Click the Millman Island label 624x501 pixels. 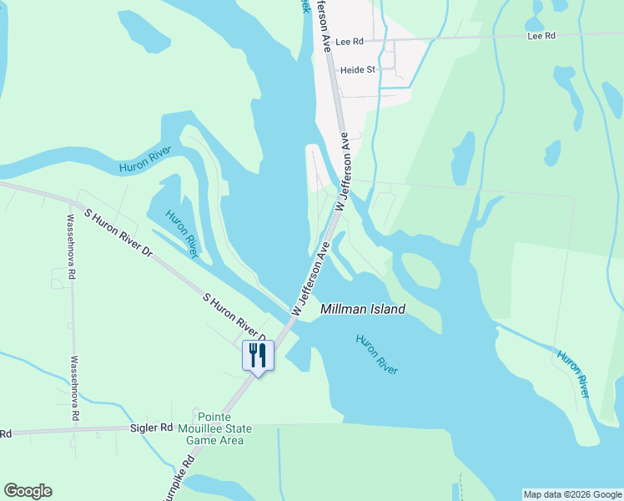click(x=363, y=309)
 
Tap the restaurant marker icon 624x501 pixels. click(x=257, y=356)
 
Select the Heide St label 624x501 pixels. click(x=358, y=70)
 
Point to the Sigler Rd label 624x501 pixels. click(x=150, y=428)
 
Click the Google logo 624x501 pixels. click(x=28, y=491)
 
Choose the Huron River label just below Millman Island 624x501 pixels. click(x=376, y=354)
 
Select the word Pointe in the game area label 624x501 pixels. click(x=214, y=417)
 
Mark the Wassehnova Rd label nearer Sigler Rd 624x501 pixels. click(x=74, y=388)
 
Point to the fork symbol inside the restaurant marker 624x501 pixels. click(x=252, y=354)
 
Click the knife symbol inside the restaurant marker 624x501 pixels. click(x=262, y=354)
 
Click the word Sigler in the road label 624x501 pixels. click(x=143, y=428)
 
